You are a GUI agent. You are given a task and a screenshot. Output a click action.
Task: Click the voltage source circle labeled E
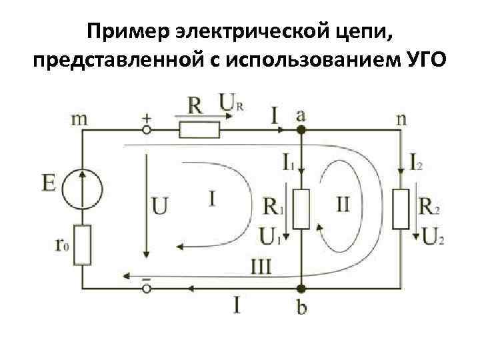tap(83, 185)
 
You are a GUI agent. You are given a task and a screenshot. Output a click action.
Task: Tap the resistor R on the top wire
tap(198, 129)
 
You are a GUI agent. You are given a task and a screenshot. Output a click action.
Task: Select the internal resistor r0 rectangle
tap(83, 245)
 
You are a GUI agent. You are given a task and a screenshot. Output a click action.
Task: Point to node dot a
tap(301, 130)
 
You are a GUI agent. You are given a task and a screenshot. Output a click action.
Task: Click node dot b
tap(301, 288)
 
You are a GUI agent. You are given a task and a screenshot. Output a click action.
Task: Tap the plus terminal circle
tap(146, 130)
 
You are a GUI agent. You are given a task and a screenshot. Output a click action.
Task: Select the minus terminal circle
tap(146, 288)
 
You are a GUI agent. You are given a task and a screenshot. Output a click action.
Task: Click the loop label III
tap(262, 267)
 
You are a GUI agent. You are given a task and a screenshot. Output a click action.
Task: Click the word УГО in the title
tap(421, 62)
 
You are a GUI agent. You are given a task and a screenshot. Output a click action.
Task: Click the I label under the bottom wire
tap(238, 306)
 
